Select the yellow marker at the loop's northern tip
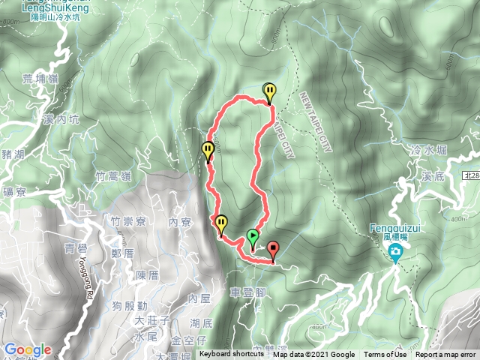[x=269, y=92]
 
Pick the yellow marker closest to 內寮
[x=221, y=224]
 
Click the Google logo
[x=28, y=349]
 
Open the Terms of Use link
[x=385, y=355]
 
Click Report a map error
[x=447, y=355]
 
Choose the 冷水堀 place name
[x=429, y=150]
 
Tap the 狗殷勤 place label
[x=129, y=305]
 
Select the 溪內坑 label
[x=61, y=119]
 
